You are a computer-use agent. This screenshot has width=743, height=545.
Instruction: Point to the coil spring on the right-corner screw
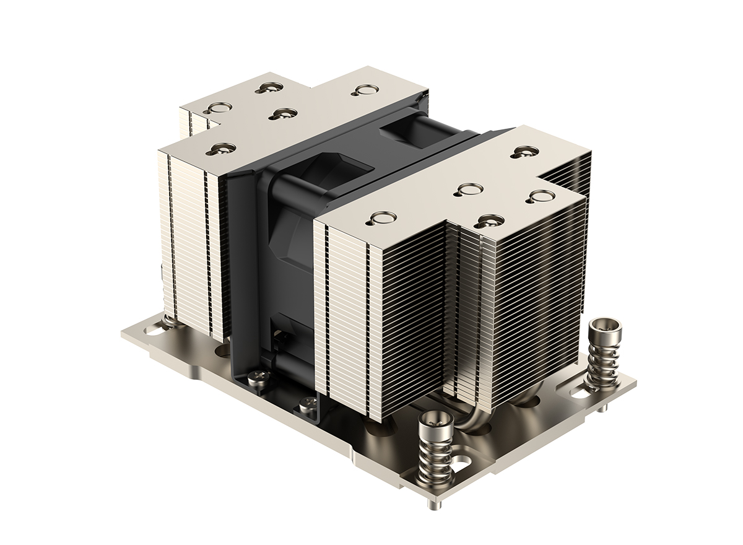pyautogui.click(x=600, y=362)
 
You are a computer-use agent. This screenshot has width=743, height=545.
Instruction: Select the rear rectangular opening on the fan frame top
pyautogui.click(x=403, y=130)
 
